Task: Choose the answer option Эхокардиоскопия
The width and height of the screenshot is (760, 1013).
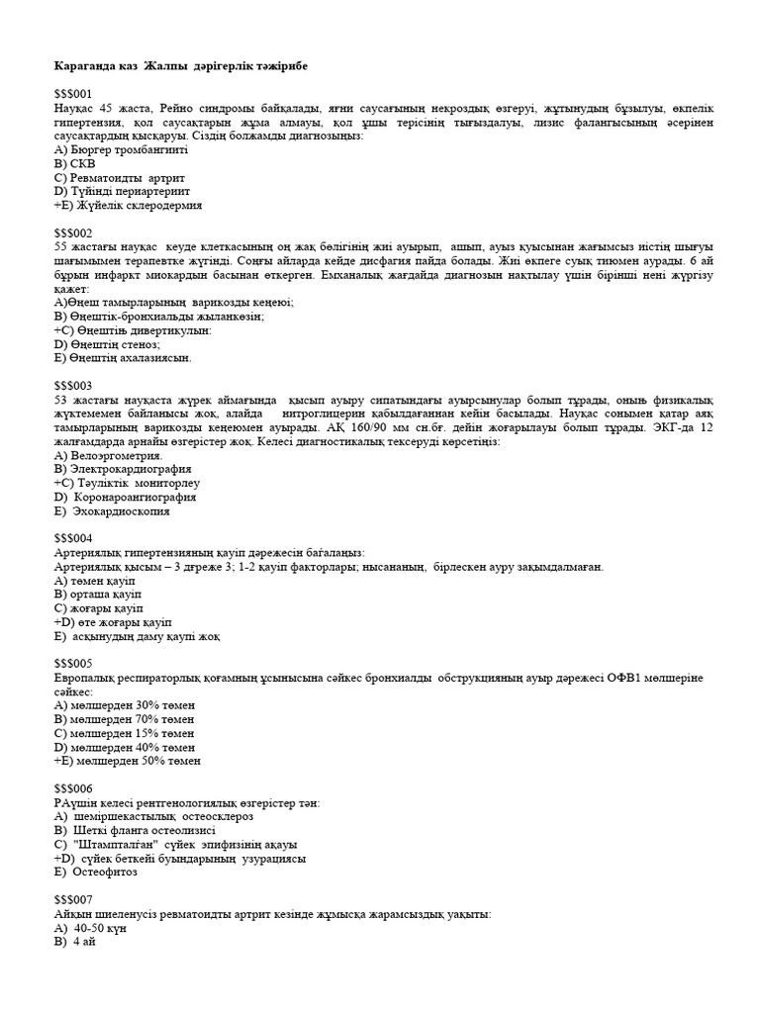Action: coord(112,511)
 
